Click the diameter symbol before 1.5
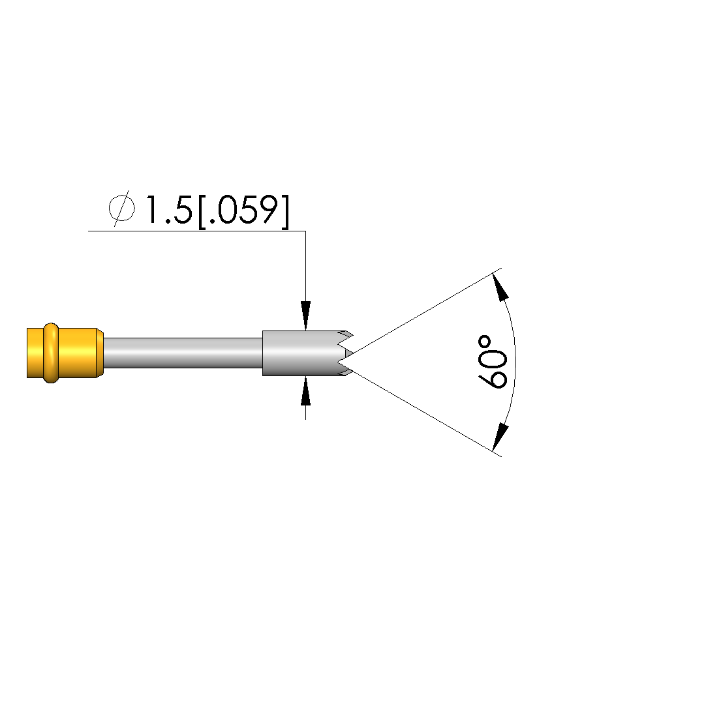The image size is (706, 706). click(121, 208)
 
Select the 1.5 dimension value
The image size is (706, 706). click(168, 210)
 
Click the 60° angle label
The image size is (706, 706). click(493, 362)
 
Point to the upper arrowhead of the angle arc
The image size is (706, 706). click(500, 286)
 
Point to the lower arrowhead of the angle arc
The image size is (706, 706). click(500, 437)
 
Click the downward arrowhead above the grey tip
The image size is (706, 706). click(306, 315)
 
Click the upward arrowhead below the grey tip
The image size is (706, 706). click(306, 392)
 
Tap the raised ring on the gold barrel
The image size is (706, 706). click(51, 353)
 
